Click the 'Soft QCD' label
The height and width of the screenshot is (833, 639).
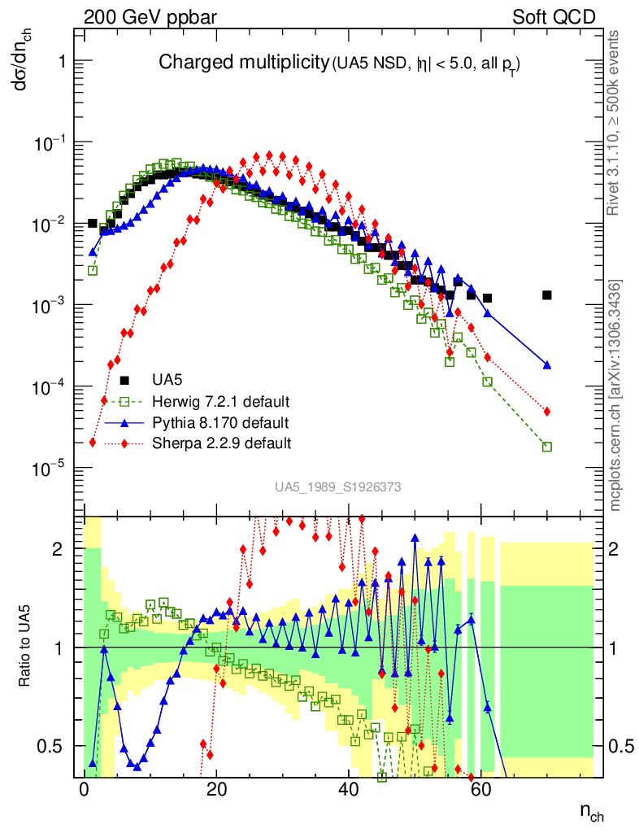coord(554,17)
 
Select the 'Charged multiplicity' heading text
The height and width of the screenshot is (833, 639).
coord(242,63)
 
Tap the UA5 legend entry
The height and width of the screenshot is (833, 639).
coord(167,380)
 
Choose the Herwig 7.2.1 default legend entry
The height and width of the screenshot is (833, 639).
coord(221,402)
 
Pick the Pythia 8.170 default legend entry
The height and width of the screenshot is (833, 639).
coord(220,423)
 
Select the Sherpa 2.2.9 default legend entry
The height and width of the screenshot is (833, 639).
coord(222,443)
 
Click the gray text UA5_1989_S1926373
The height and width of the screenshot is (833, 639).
coord(337,487)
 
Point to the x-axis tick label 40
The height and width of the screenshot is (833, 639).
coord(349,791)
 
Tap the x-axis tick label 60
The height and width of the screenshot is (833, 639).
coord(481,791)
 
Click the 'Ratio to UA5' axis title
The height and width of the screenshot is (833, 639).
coord(25,648)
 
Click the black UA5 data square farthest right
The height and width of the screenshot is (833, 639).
coord(547,295)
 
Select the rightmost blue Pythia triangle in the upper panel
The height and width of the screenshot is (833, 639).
coord(547,365)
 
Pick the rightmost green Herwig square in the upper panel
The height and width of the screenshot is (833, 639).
coord(547,447)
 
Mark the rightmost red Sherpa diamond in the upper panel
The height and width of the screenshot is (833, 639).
coord(547,412)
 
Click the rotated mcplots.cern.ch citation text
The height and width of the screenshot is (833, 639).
coord(615,395)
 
